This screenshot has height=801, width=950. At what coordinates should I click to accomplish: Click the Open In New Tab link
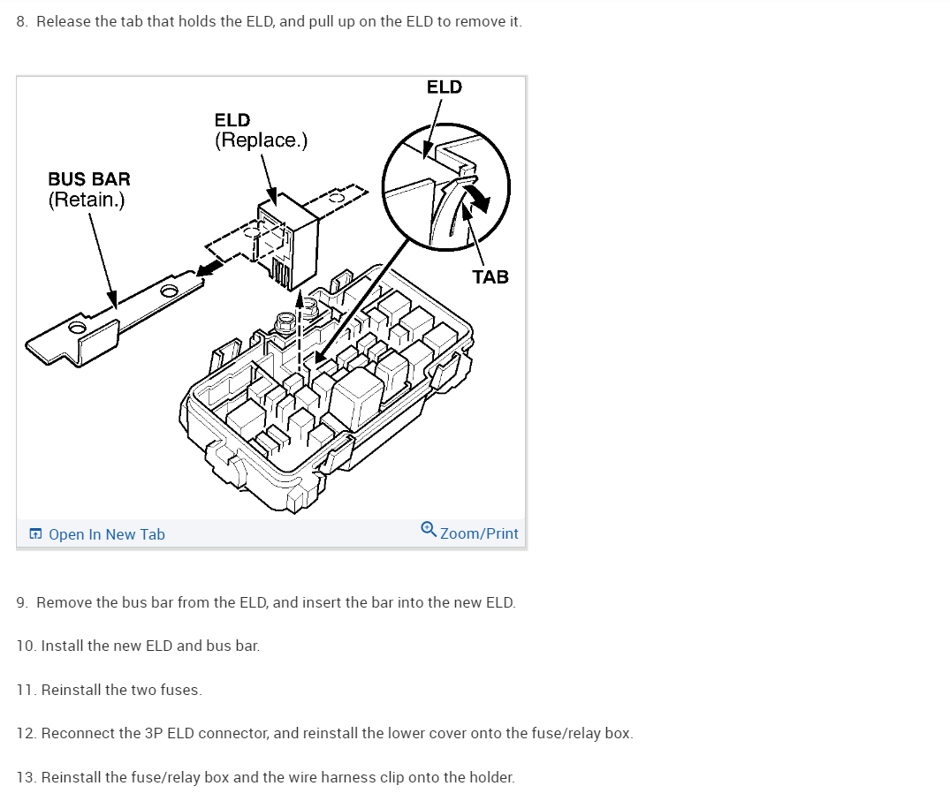(106, 534)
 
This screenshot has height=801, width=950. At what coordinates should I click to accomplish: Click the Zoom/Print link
(479, 533)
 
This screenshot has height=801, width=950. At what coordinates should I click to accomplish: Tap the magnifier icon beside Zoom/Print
(429, 530)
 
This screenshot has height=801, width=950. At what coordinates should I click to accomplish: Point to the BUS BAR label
(88, 179)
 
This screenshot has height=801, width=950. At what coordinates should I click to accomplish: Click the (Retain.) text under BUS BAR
(87, 200)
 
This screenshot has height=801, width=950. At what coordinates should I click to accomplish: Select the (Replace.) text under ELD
(261, 140)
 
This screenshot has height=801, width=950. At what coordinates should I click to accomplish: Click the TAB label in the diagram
(490, 277)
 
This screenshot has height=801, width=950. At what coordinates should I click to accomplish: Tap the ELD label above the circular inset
(444, 87)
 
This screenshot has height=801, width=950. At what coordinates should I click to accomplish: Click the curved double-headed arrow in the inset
(473, 196)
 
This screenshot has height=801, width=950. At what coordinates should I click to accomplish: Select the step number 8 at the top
(22, 21)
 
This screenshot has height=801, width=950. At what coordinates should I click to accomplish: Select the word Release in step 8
(63, 21)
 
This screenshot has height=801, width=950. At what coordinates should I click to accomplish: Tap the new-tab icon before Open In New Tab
(35, 534)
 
